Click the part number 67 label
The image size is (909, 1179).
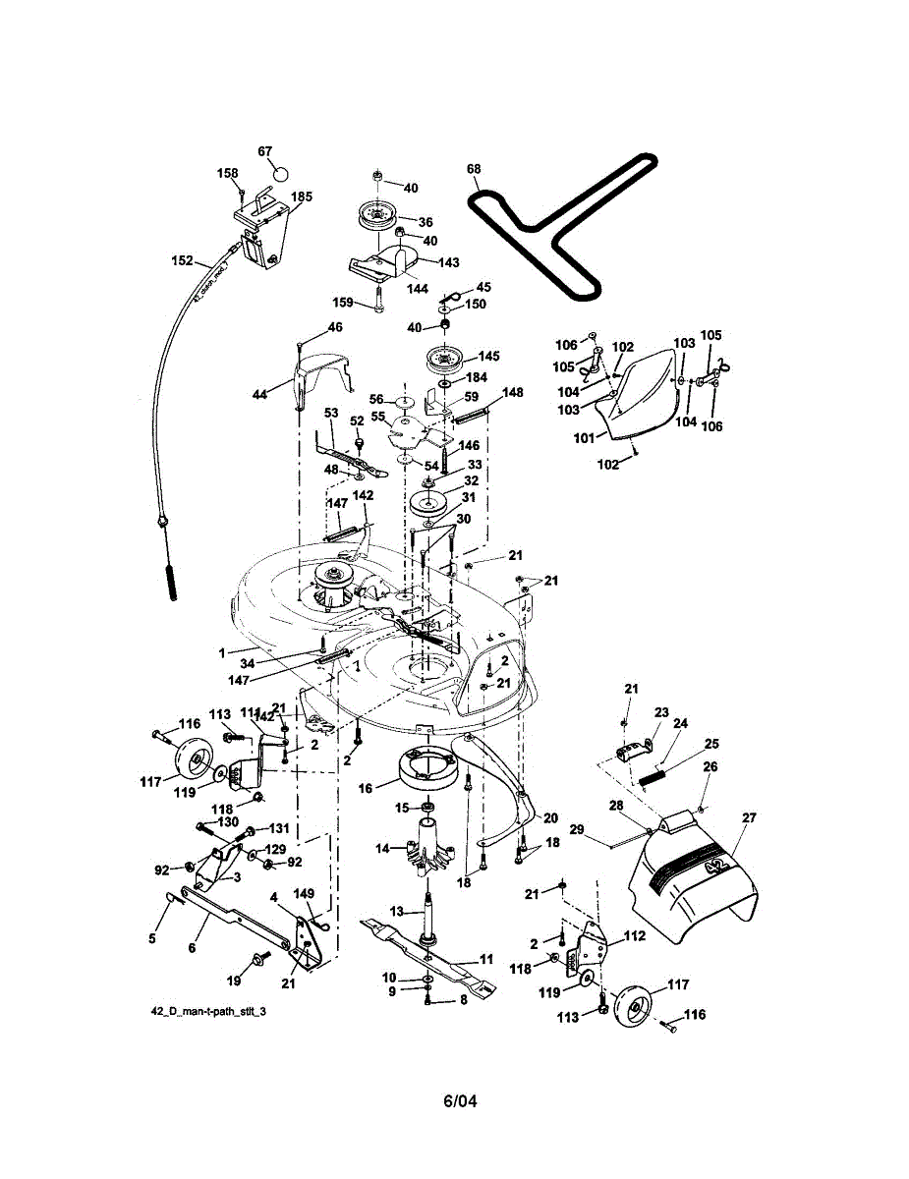[x=264, y=151]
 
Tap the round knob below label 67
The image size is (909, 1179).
[x=280, y=173]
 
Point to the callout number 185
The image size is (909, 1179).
[x=301, y=197]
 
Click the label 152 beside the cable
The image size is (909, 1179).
[x=182, y=261]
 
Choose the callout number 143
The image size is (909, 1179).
[x=449, y=262]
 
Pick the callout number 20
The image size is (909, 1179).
[x=550, y=817]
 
